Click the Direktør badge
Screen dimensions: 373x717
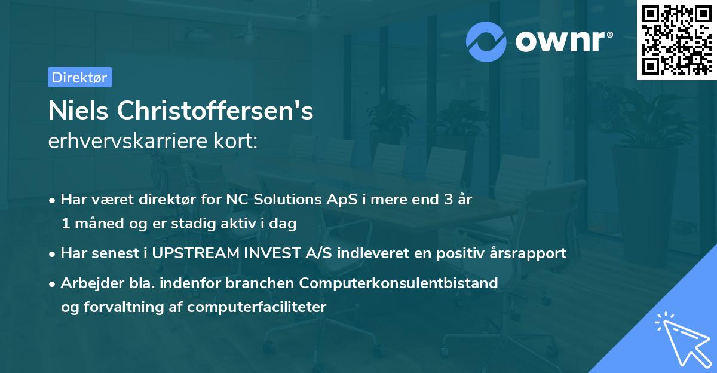click(79, 77)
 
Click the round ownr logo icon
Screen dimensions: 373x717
click(486, 41)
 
